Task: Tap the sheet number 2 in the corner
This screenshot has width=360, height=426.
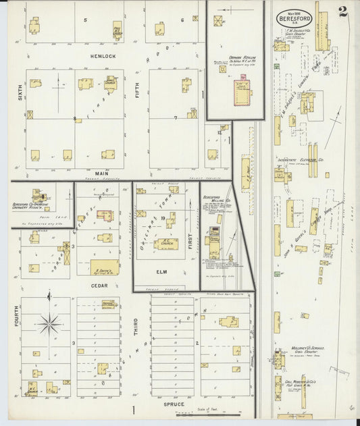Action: [343, 11]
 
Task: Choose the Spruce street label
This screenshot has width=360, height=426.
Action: [174, 404]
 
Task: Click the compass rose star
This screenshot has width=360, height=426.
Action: [49, 323]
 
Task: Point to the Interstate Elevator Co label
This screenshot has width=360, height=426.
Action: [300, 161]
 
